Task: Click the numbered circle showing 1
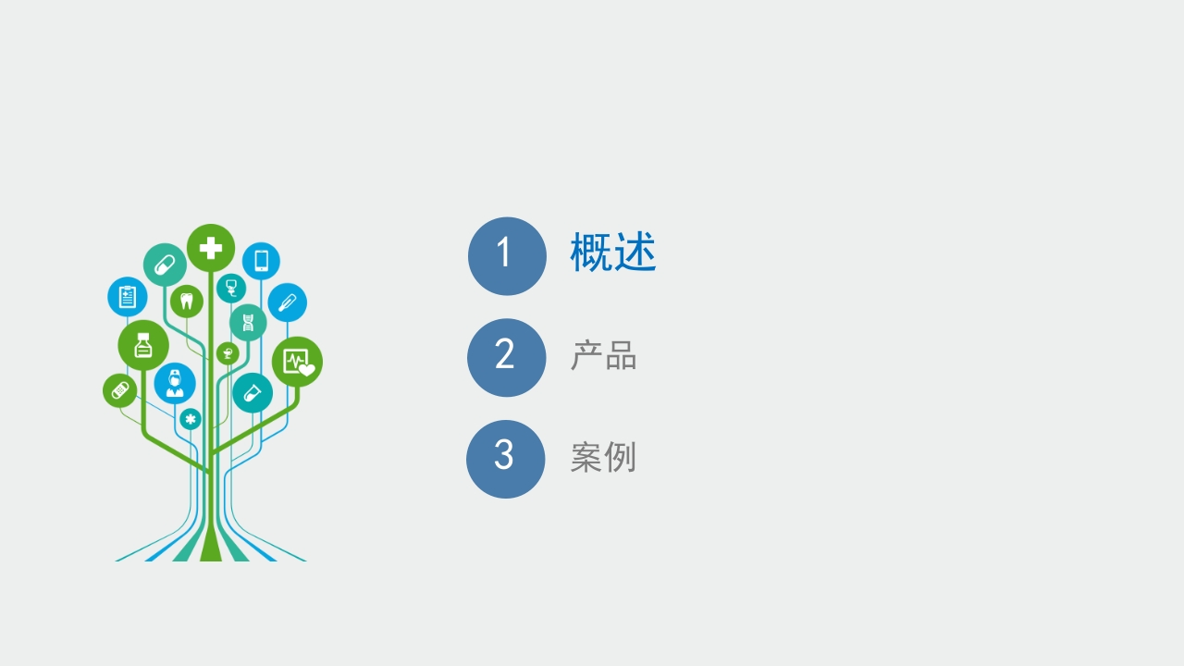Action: point(507,256)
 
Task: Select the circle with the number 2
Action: point(506,358)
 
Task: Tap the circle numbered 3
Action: point(505,460)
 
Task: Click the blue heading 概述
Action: point(613,253)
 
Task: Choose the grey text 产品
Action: point(604,355)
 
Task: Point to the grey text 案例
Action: point(603,457)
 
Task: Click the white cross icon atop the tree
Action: point(211,248)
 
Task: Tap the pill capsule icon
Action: point(165,265)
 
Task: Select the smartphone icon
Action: point(261,261)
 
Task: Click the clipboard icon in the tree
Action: point(127,297)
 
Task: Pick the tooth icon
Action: point(187,302)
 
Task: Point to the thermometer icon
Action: point(287,302)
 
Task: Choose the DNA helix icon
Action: point(248,322)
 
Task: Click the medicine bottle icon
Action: point(143,345)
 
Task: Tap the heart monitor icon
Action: point(299,363)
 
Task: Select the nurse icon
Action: point(175,384)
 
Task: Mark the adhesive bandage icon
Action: point(120,391)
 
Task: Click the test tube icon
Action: point(253,393)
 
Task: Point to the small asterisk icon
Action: point(191,419)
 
